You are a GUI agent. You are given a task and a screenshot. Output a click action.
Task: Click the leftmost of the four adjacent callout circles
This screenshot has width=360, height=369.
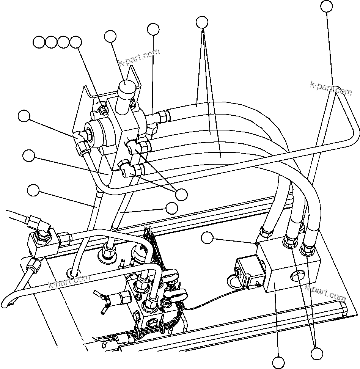point(39,42)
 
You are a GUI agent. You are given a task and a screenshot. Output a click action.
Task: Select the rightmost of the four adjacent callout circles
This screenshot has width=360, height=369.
point(76,42)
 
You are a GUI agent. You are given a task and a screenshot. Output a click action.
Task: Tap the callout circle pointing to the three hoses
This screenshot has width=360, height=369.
point(203,22)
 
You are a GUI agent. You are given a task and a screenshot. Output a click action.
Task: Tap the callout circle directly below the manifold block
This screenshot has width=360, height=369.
point(278,363)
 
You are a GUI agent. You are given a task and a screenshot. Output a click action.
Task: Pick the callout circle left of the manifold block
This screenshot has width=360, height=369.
point(207,238)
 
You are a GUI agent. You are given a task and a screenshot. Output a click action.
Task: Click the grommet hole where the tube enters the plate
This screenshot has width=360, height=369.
point(74,272)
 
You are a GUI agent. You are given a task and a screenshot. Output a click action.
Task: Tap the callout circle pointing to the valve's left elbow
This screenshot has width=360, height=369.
point(24,116)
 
